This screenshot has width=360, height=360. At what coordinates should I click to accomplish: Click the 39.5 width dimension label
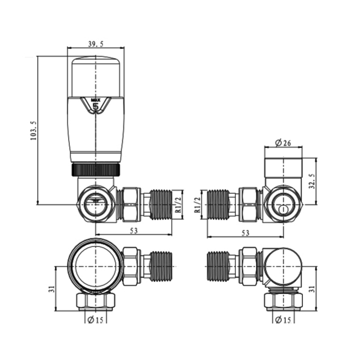coord(95,45)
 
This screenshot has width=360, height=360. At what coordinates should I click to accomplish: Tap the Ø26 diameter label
coord(284,143)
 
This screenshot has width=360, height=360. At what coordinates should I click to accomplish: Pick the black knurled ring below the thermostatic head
coord(96,169)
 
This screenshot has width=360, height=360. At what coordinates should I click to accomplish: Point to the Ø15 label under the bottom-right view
coord(282,321)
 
